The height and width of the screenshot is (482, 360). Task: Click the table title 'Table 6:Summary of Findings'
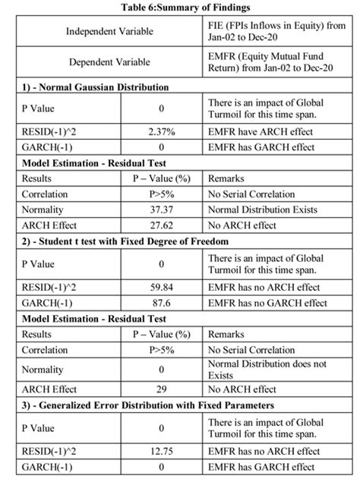coord(179,7)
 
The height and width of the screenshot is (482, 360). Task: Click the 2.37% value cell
coord(161,131)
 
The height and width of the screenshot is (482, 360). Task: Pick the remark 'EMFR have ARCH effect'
coord(258,131)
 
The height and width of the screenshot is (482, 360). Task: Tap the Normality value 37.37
coord(161,209)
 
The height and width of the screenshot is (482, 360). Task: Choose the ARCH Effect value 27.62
coord(161,225)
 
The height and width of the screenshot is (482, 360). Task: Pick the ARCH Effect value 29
coord(161,388)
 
